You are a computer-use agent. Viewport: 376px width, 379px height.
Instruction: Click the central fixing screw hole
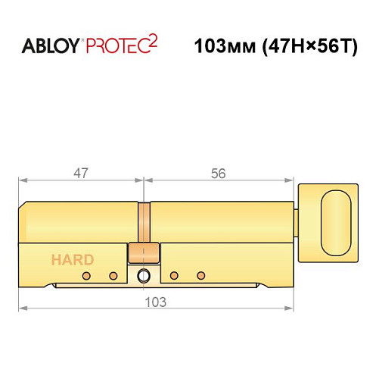144,277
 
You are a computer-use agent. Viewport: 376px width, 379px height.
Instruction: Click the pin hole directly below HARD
86,274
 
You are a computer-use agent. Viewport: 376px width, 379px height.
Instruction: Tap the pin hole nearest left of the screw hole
113,274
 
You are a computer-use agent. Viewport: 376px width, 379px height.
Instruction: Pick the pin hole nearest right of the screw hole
173,274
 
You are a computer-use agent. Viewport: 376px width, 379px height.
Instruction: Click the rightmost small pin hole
200,274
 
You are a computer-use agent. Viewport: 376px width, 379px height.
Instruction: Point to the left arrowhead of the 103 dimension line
23,309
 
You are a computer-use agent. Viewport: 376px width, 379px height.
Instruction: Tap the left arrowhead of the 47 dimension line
23,181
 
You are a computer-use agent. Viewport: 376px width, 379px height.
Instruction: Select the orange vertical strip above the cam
143,221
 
